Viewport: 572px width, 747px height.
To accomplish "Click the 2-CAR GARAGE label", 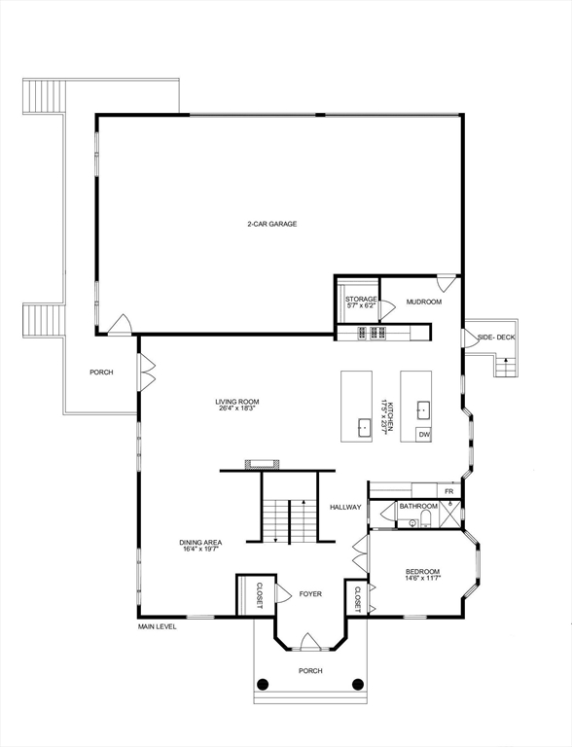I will [x=271, y=224].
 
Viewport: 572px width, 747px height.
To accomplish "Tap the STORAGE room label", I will [x=361, y=299].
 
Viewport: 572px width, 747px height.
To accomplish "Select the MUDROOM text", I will [x=424, y=302].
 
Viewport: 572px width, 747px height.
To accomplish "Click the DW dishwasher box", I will [x=424, y=434].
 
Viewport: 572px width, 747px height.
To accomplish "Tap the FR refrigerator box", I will [x=449, y=492].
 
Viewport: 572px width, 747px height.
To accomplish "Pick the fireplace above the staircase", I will [x=263, y=464].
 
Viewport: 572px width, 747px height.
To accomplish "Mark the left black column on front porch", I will [x=262, y=684].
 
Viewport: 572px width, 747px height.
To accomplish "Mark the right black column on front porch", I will [x=357, y=684].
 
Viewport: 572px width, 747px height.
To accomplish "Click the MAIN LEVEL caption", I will [x=157, y=627].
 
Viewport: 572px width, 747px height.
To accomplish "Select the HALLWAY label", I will [x=345, y=507].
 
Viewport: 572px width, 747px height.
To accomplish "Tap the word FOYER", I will [x=310, y=593].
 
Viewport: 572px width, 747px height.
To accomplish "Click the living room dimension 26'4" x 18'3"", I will [x=237, y=409].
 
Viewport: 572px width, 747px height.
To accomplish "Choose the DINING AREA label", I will [x=200, y=543].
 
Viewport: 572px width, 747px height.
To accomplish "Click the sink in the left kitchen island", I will [x=362, y=425].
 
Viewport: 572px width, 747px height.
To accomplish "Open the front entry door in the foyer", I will [x=309, y=643].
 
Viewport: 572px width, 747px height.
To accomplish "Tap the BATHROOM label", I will [x=418, y=506].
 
